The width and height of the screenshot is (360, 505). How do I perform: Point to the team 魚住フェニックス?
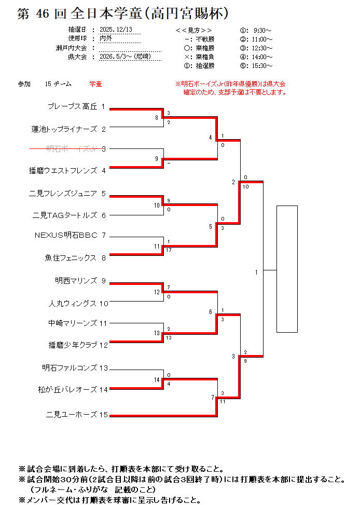pos(71,257)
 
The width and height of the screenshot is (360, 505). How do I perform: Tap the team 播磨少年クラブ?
pos(73,344)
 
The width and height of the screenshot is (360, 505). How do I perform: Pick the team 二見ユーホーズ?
pos(72,414)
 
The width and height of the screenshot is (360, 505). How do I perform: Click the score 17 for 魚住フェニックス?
pos(169,250)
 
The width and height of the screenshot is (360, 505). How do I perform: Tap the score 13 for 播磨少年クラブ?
pos(169,338)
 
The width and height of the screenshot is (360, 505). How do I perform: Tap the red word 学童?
pos(95,84)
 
